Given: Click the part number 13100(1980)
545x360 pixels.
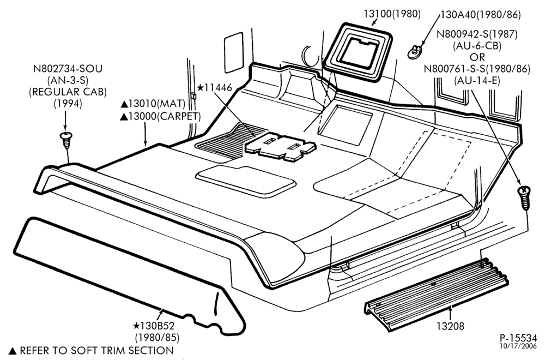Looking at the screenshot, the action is tap(392, 14).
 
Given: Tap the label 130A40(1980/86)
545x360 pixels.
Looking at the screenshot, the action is tap(481, 15).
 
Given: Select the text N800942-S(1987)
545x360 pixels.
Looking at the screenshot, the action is tap(477, 34).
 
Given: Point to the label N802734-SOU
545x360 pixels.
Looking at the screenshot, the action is tap(68, 69).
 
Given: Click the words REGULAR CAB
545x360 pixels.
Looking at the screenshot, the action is tap(68, 92).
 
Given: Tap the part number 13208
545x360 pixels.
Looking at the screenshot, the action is tap(451, 326).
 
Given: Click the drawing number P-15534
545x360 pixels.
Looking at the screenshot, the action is tap(518, 338).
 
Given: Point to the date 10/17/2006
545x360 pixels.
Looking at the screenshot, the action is tap(518, 346).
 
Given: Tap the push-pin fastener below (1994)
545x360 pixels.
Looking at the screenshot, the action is tap(66, 140).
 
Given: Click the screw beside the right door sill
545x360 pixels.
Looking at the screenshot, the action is tap(524, 197).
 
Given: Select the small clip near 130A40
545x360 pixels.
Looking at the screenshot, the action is tap(415, 52).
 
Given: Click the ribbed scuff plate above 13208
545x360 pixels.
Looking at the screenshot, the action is tap(436, 293).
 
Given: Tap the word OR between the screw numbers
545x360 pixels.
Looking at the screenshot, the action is tap(477, 57).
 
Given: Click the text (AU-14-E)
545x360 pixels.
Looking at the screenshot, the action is tap(477, 80).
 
